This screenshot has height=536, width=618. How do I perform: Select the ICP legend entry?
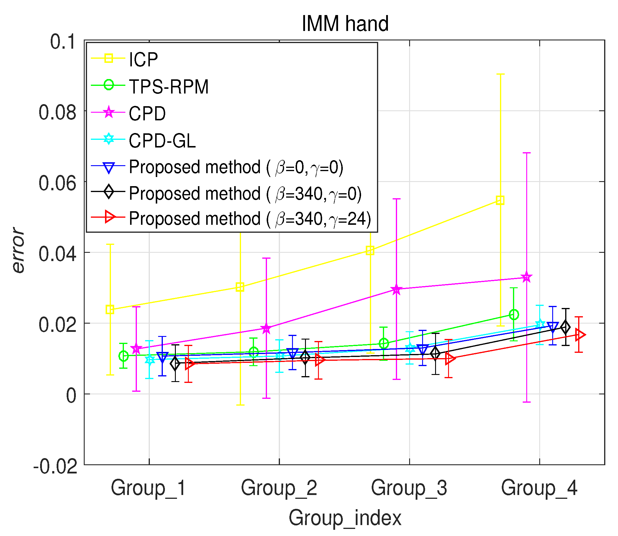coord(143,60)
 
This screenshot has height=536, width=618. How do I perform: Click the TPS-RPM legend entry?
coord(168,87)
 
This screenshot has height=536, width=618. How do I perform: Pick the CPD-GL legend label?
coord(162,141)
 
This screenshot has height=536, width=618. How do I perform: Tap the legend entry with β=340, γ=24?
coord(250,219)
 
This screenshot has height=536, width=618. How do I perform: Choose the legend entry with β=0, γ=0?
coord(236,167)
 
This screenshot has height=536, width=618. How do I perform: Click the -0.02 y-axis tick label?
coord(55,466)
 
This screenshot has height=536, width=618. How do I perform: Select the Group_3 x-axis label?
coord(409,488)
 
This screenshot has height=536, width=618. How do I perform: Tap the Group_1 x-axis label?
coord(149,488)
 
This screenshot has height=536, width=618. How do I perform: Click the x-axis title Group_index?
coord(345,518)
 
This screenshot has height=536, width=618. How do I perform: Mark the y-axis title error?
coord(18,250)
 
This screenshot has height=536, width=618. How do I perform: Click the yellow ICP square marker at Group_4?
coord(500,200)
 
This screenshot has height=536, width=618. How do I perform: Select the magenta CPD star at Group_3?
coord(396,289)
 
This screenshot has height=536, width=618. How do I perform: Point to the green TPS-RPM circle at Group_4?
coord(514,315)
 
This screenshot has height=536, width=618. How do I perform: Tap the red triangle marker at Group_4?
coord(579,335)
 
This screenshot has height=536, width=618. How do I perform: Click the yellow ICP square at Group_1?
coord(110,309)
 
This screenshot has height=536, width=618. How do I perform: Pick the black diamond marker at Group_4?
coord(565,327)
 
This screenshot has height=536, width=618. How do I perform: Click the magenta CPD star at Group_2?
coord(266,328)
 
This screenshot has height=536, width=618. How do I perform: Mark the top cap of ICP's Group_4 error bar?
coord(500,74)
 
